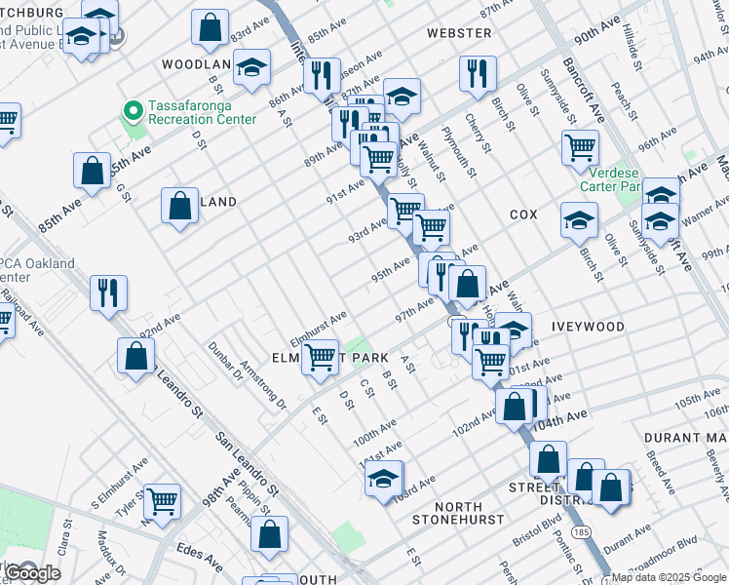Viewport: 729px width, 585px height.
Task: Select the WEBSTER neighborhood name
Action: click(x=458, y=33)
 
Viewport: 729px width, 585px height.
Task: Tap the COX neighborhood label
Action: click(x=523, y=214)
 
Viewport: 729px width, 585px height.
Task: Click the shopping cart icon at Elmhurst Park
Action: click(x=320, y=358)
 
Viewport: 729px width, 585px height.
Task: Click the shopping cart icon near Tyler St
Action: click(x=162, y=500)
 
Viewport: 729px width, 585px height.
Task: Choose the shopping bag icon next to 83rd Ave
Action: click(x=210, y=28)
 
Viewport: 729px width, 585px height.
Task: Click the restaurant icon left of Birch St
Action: click(x=478, y=74)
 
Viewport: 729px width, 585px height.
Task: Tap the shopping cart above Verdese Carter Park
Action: click(x=580, y=147)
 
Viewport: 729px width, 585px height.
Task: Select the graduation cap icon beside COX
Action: click(x=579, y=219)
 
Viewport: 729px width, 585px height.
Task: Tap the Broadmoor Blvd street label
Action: click(x=675, y=542)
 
